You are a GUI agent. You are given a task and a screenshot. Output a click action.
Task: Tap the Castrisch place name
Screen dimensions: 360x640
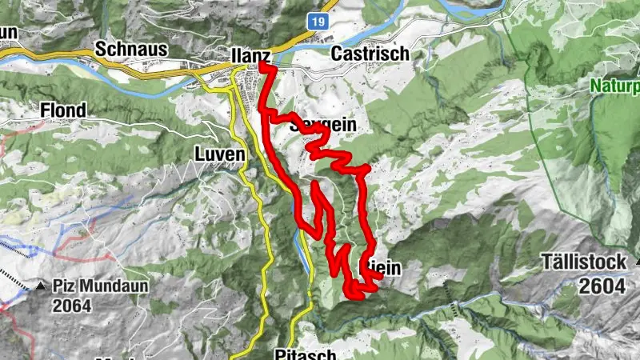[x=370, y=54]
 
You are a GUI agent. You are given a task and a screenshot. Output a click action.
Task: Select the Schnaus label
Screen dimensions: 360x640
[x=130, y=50]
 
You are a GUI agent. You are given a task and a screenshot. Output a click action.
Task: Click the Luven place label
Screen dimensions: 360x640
[x=218, y=152]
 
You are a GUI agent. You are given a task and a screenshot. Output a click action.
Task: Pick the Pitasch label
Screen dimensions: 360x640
[x=299, y=353]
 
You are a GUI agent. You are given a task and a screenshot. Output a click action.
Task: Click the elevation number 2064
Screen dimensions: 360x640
[x=73, y=304]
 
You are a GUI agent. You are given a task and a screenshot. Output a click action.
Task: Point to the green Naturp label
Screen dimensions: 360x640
[x=617, y=85]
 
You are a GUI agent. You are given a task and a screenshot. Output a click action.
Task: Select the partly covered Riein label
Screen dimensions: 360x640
[x=385, y=270]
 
